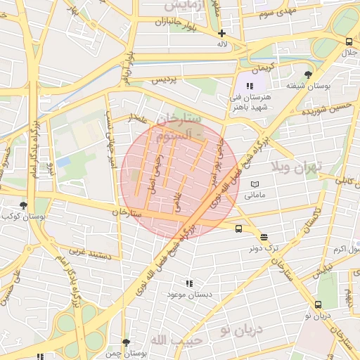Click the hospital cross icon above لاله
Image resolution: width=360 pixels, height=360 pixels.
[x=222, y=33]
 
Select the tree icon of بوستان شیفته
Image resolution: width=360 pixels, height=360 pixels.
[x=308, y=75]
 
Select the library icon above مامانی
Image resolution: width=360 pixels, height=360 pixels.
[x=254, y=184]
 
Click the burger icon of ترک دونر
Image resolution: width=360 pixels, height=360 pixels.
[x=264, y=238]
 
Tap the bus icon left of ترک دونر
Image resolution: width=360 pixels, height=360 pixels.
[x=239, y=229]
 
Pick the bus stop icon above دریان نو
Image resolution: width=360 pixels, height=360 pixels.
[x=319, y=304]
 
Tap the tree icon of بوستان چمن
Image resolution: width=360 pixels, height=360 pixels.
[x=126, y=342]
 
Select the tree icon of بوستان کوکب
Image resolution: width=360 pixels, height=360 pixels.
[x=23, y=206]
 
